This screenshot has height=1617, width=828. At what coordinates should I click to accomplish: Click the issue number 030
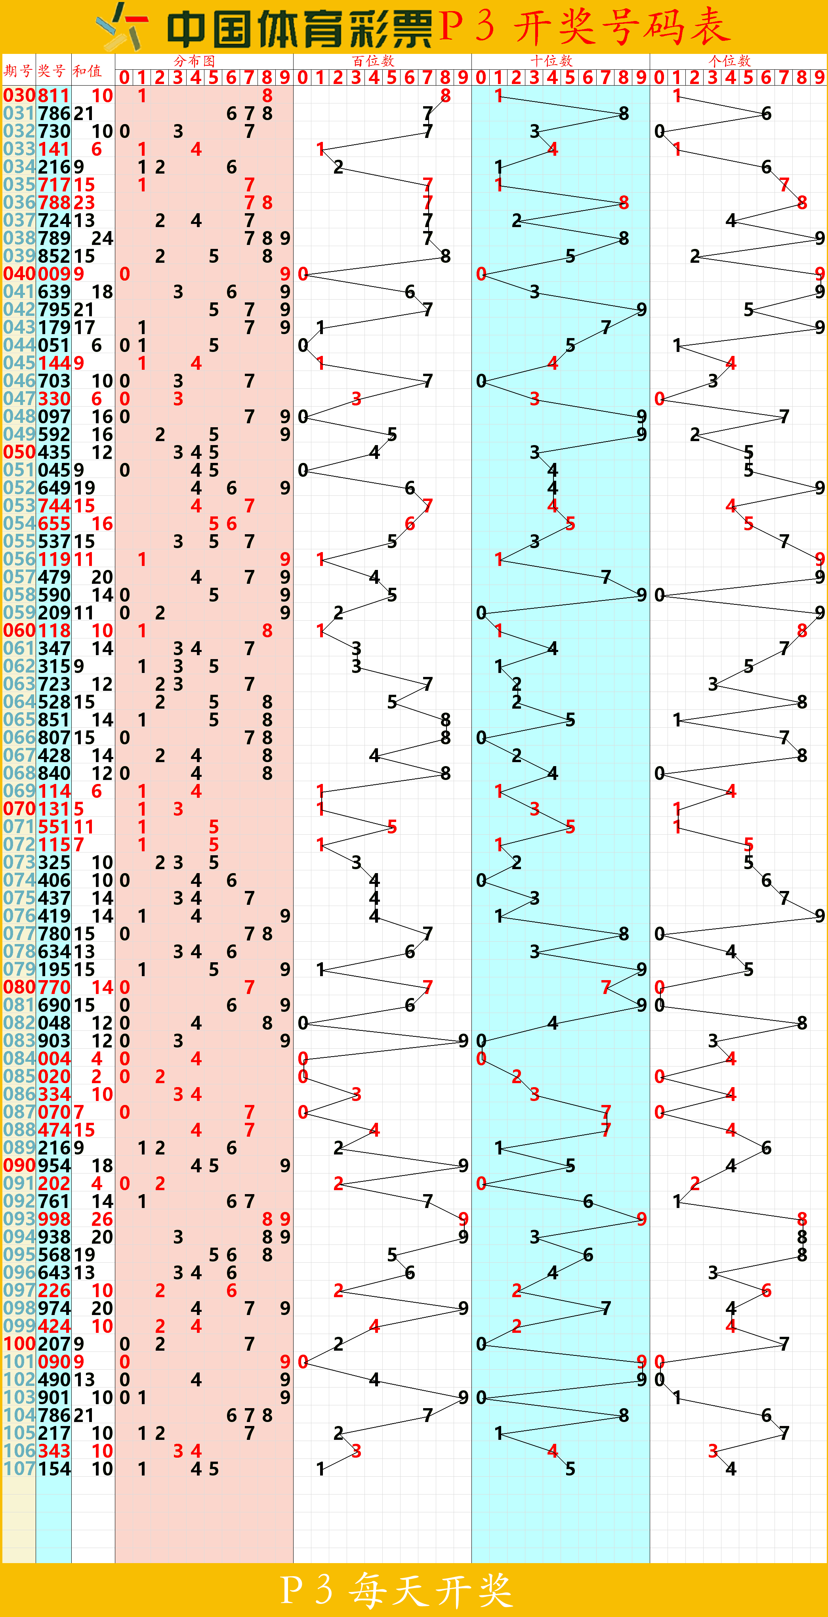19,96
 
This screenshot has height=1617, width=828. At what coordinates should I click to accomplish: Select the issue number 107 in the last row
19,1469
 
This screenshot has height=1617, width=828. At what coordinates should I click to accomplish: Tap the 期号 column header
18,70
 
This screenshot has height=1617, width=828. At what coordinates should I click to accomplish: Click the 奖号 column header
52,70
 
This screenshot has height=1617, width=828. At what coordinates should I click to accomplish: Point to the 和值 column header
87,70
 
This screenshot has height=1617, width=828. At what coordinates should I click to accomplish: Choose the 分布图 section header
195,61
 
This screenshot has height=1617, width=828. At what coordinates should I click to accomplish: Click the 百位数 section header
373,61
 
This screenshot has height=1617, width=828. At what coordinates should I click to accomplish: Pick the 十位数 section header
551,61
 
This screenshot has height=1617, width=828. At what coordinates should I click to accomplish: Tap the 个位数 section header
729,61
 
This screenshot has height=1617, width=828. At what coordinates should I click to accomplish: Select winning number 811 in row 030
54,96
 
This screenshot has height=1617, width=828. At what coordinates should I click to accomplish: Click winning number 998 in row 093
54,1219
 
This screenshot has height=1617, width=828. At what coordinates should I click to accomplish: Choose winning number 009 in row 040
54,274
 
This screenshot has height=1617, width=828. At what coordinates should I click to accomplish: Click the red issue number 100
19,1344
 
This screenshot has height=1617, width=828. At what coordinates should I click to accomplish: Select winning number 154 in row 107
54,1469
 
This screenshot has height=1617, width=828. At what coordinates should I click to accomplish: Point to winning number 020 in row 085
54,1076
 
